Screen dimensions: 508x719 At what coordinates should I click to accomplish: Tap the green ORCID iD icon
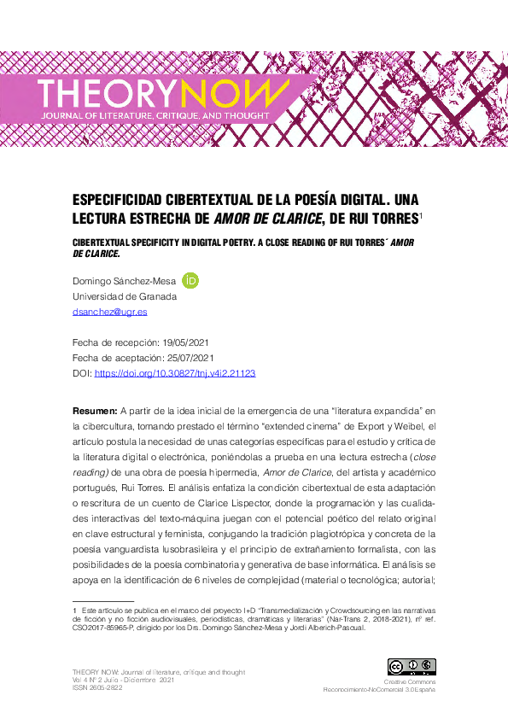point(191,280)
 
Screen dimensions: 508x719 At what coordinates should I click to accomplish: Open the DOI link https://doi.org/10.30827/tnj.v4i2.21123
point(175,374)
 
